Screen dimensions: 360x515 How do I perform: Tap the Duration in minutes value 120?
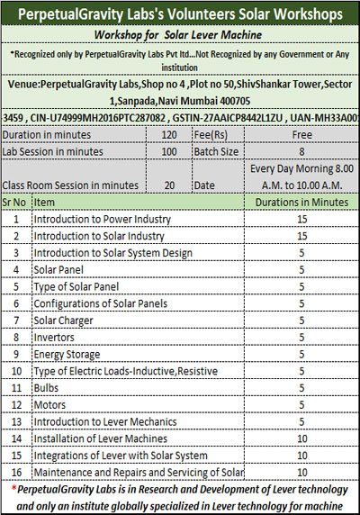(168, 132)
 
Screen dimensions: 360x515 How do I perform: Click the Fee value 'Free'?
(301, 132)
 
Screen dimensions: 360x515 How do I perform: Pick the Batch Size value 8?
(301, 149)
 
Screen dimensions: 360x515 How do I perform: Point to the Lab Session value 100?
(168, 149)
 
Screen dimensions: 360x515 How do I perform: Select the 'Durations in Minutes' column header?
(301, 203)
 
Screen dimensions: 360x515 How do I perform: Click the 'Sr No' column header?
(15, 203)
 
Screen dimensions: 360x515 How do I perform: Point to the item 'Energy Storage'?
(68, 354)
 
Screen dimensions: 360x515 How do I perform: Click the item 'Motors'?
(51, 405)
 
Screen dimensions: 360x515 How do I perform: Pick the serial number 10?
(15, 371)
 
